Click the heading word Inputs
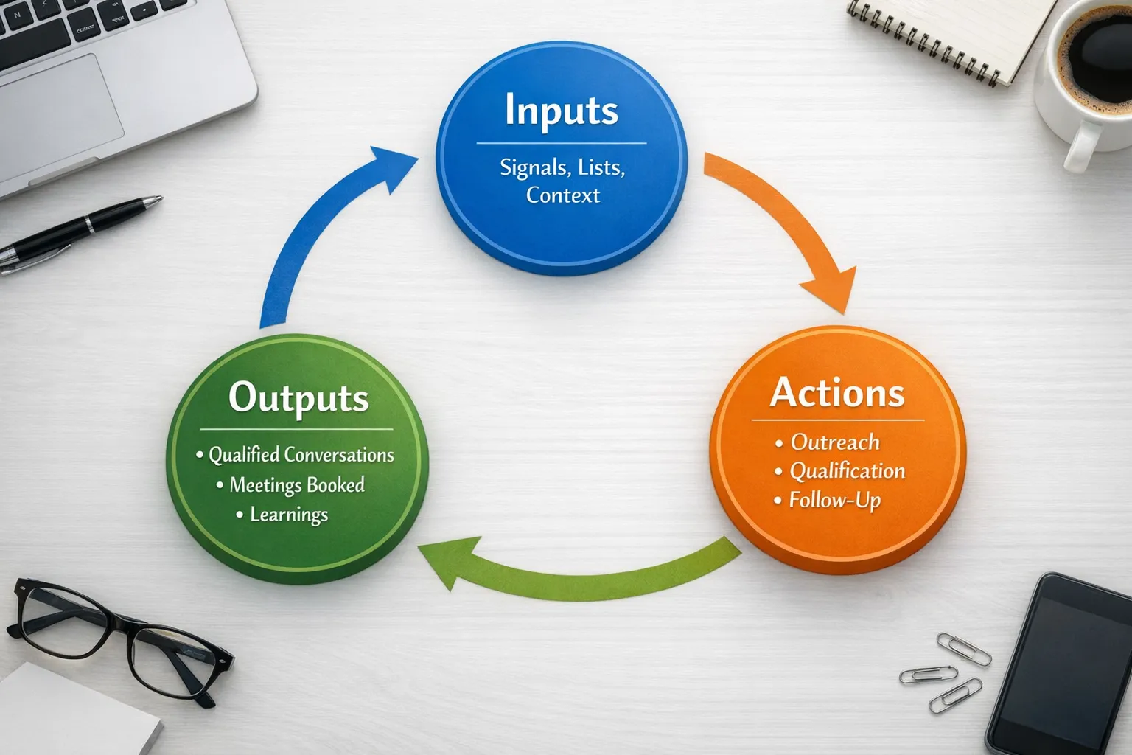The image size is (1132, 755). point(562,111)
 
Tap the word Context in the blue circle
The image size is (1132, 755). point(563,195)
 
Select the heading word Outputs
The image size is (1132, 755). point(298,398)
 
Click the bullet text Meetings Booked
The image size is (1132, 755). point(297,484)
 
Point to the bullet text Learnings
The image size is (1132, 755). point(289,515)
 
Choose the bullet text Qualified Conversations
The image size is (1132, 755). point(301,455)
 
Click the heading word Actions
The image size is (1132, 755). point(837,392)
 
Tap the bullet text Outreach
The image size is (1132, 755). point(835,442)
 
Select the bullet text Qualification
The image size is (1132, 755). point(848,471)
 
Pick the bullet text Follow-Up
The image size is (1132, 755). point(835,501)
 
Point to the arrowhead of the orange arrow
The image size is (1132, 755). point(831,291)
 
